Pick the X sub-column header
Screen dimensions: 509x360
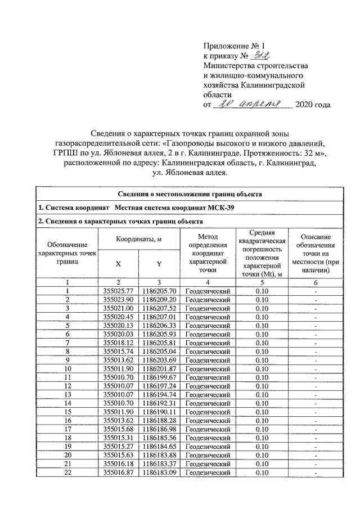[118, 263]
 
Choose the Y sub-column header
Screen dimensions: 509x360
[160, 263]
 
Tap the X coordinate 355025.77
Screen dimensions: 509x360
[118, 291]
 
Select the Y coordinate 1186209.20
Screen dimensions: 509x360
[160, 300]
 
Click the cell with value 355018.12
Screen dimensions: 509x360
[118, 342]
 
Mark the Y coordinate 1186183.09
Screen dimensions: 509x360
[160, 473]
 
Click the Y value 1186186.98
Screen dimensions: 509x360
[160, 429]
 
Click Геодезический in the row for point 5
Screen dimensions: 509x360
[208, 325]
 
